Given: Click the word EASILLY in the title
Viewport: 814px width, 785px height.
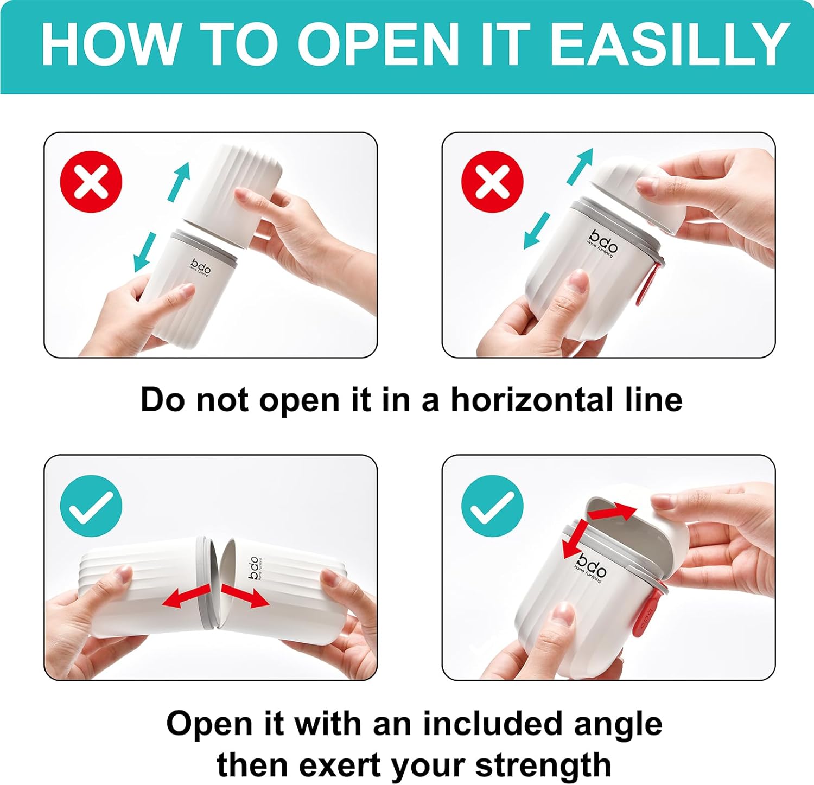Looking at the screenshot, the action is coord(670,44).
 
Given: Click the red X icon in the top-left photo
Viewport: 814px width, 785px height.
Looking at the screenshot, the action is coord(91,181).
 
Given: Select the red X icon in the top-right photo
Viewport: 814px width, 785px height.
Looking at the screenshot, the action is coord(492,181).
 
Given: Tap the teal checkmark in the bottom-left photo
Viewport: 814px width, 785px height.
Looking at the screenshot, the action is coord(91,506).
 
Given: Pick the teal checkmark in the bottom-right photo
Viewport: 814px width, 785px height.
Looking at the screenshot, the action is coord(492,506).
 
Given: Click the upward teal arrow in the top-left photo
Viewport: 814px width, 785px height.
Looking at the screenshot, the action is coord(180,181).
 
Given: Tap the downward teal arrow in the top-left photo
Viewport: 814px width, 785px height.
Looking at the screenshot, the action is coord(145,252).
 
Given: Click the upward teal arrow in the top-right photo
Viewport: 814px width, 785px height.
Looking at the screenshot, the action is coord(580,166).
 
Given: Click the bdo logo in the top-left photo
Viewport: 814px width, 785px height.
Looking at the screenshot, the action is coord(200,267).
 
